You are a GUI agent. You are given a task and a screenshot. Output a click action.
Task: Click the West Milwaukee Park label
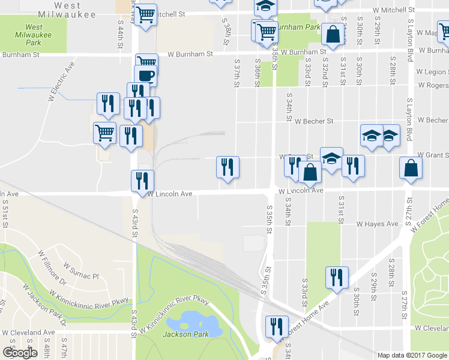coord(34,35)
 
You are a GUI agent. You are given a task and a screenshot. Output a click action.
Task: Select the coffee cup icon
coord(146,76)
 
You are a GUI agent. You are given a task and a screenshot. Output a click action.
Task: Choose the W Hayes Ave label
coord(377,224)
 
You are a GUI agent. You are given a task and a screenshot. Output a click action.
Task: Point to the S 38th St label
coord(227,29)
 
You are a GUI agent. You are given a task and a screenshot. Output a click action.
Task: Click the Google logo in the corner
coord(19,352)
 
